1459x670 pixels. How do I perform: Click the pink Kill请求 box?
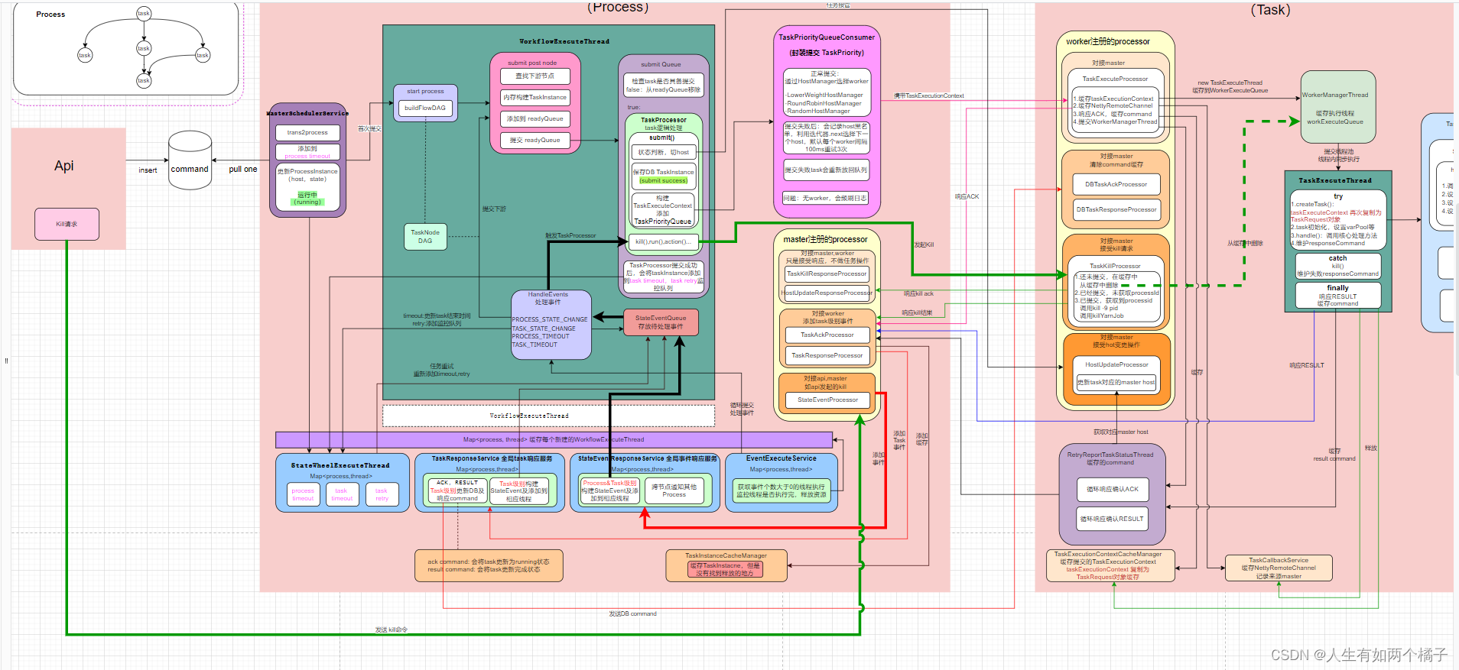click(x=67, y=224)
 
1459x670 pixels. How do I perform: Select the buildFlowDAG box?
click(x=425, y=108)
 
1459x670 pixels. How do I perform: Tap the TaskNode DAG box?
click(x=425, y=237)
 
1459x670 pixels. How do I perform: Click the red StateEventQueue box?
click(x=661, y=322)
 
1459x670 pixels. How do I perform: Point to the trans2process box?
click(x=307, y=132)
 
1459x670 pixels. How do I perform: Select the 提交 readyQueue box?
click(x=535, y=140)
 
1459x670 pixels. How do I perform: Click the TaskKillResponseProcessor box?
click(x=827, y=274)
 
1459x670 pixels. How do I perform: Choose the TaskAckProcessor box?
click(x=827, y=335)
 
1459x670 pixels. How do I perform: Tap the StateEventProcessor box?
click(x=827, y=400)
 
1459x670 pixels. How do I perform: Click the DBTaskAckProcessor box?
click(x=1116, y=184)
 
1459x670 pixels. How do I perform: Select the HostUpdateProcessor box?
click(x=1116, y=364)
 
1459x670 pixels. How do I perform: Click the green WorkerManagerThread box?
click(x=1337, y=107)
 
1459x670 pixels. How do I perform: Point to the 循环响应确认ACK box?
click(x=1112, y=489)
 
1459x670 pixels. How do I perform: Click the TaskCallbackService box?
click(x=1279, y=568)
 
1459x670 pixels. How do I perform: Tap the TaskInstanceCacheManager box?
click(x=726, y=565)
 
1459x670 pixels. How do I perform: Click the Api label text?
click(x=64, y=166)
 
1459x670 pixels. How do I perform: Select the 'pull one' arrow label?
click(x=243, y=170)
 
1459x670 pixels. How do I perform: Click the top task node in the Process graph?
click(x=144, y=13)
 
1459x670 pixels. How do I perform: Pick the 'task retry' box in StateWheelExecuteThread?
click(x=382, y=494)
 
